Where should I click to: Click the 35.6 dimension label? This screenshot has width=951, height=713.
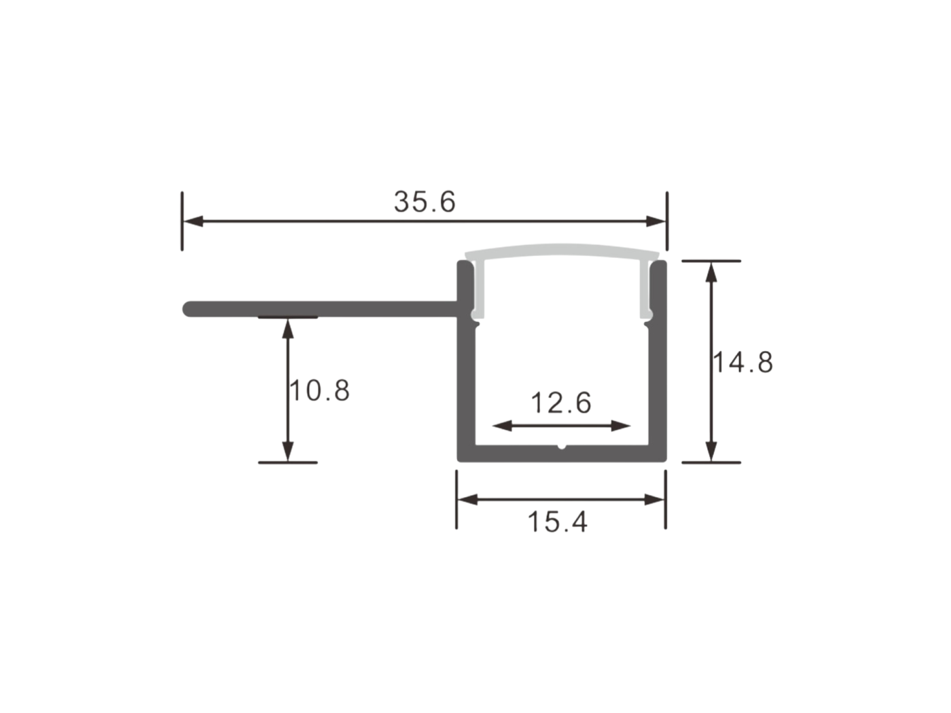[424, 202]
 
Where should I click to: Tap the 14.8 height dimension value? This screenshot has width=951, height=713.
[742, 363]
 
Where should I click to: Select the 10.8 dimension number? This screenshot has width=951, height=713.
[319, 390]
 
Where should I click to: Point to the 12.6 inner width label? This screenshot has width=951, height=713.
[560, 403]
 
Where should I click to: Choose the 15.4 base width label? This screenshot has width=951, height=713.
[557, 522]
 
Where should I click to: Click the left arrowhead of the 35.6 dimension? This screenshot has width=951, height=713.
[193, 221]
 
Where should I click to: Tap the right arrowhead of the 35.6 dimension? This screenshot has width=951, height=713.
[656, 221]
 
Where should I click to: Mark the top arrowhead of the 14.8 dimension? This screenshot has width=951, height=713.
[711, 272]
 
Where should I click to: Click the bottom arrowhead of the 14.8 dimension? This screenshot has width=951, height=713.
[711, 452]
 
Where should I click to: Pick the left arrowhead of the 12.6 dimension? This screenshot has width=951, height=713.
[502, 426]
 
